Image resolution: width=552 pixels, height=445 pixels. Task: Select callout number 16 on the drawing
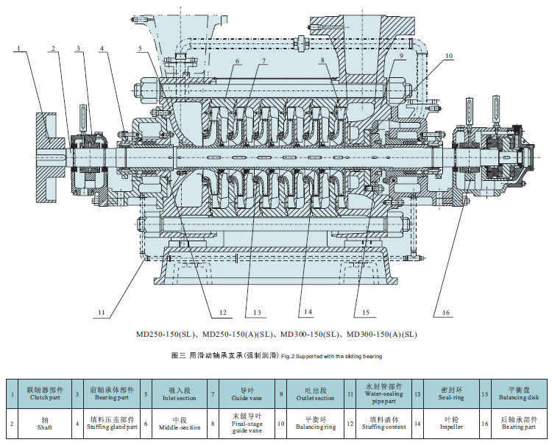446,312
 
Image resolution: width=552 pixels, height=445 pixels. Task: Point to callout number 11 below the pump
102,312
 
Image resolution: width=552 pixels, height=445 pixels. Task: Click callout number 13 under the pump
257,312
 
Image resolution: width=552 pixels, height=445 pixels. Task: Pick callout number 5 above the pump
140,49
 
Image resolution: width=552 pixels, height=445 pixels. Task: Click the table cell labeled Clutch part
45,394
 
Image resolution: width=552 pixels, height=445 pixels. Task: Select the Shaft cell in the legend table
45,423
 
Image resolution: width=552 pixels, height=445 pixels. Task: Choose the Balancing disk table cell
519,394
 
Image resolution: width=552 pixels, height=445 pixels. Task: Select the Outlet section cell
316,394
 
